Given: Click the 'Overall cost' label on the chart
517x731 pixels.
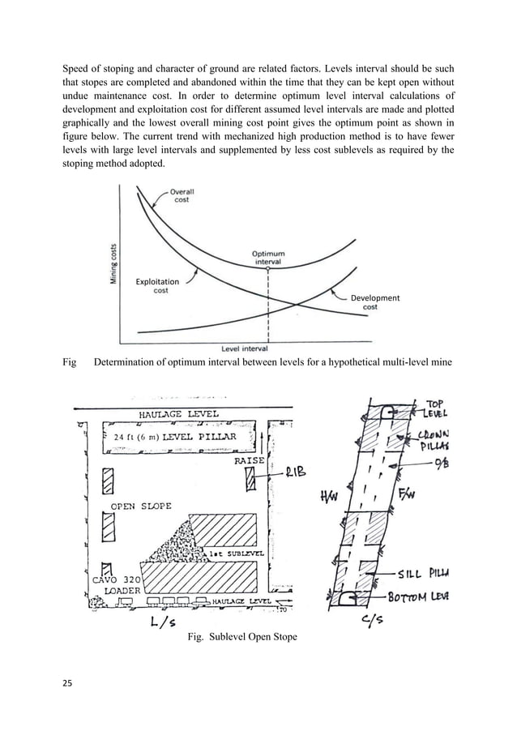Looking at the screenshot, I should [x=182, y=195].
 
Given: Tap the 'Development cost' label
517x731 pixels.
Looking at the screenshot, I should [x=374, y=302].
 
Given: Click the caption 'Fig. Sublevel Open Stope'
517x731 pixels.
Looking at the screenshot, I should [x=241, y=637].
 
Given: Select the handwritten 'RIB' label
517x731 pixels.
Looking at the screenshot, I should [x=295, y=476].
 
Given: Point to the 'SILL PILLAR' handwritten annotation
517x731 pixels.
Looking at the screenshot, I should [x=429, y=574].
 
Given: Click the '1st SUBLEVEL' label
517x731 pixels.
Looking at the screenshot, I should [x=231, y=553].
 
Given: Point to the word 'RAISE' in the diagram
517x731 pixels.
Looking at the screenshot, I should [x=248, y=460].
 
